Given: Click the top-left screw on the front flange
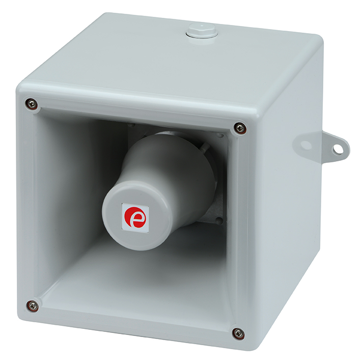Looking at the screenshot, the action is pyautogui.click(x=32, y=103).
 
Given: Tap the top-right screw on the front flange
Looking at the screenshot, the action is pyautogui.click(x=240, y=128).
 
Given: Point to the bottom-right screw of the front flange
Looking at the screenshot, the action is pyautogui.click(x=238, y=332).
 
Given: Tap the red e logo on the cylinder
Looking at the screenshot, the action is pyautogui.click(x=135, y=218).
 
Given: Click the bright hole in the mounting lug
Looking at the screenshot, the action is pyautogui.click(x=338, y=149).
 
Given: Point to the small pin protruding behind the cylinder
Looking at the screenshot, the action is pyautogui.click(x=205, y=147).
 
